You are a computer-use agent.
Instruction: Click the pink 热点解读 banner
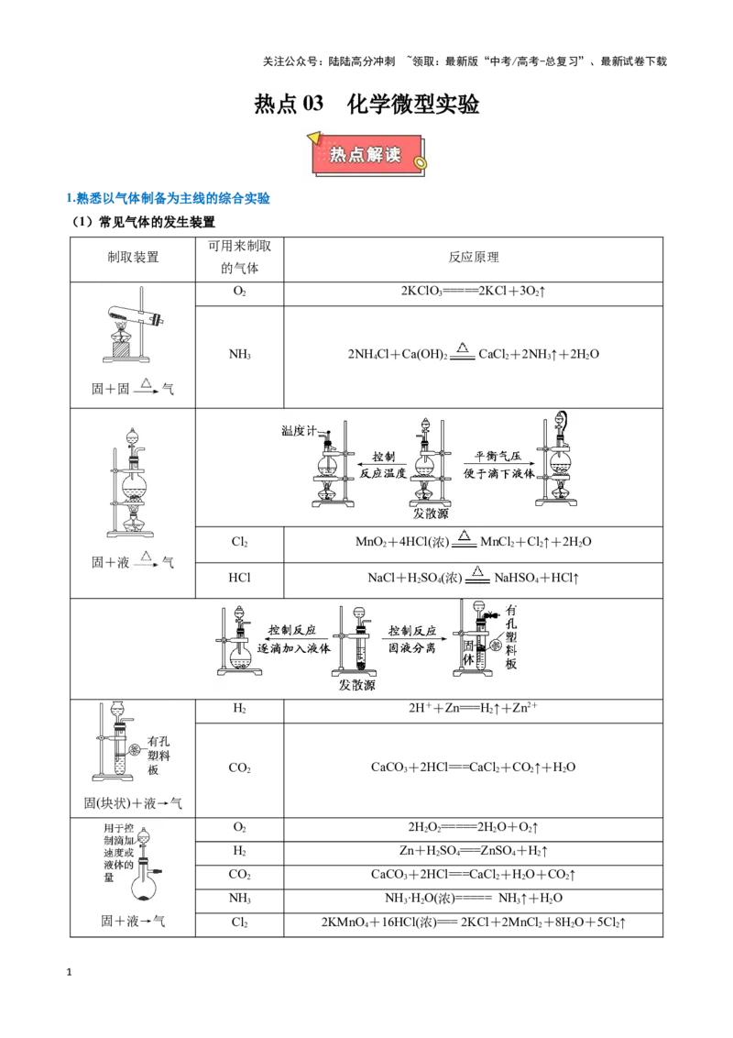(x=366, y=155)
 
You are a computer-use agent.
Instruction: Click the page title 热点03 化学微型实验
(x=366, y=104)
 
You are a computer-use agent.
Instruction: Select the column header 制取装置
(x=133, y=258)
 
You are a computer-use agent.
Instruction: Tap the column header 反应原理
(x=474, y=258)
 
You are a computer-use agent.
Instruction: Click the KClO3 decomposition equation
(x=473, y=292)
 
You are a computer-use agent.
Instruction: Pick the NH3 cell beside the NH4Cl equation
(x=239, y=354)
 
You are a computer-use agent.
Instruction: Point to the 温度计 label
(x=299, y=431)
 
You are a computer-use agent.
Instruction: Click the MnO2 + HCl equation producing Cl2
(x=474, y=541)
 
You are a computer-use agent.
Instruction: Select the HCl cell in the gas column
(x=239, y=578)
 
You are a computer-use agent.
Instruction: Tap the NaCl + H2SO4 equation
(x=474, y=577)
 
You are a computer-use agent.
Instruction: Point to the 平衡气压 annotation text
(x=498, y=456)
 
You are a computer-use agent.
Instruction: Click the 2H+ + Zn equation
(x=473, y=708)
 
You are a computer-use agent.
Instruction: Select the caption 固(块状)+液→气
(x=132, y=803)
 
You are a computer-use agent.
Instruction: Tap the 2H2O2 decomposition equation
(x=473, y=827)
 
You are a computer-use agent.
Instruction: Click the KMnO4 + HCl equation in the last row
(x=474, y=922)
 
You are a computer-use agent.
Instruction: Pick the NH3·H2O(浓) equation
(x=474, y=899)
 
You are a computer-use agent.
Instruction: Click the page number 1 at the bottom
(x=69, y=973)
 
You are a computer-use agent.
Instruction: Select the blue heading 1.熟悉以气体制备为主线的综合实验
(x=168, y=198)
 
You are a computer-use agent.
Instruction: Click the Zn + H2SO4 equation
(x=474, y=851)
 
